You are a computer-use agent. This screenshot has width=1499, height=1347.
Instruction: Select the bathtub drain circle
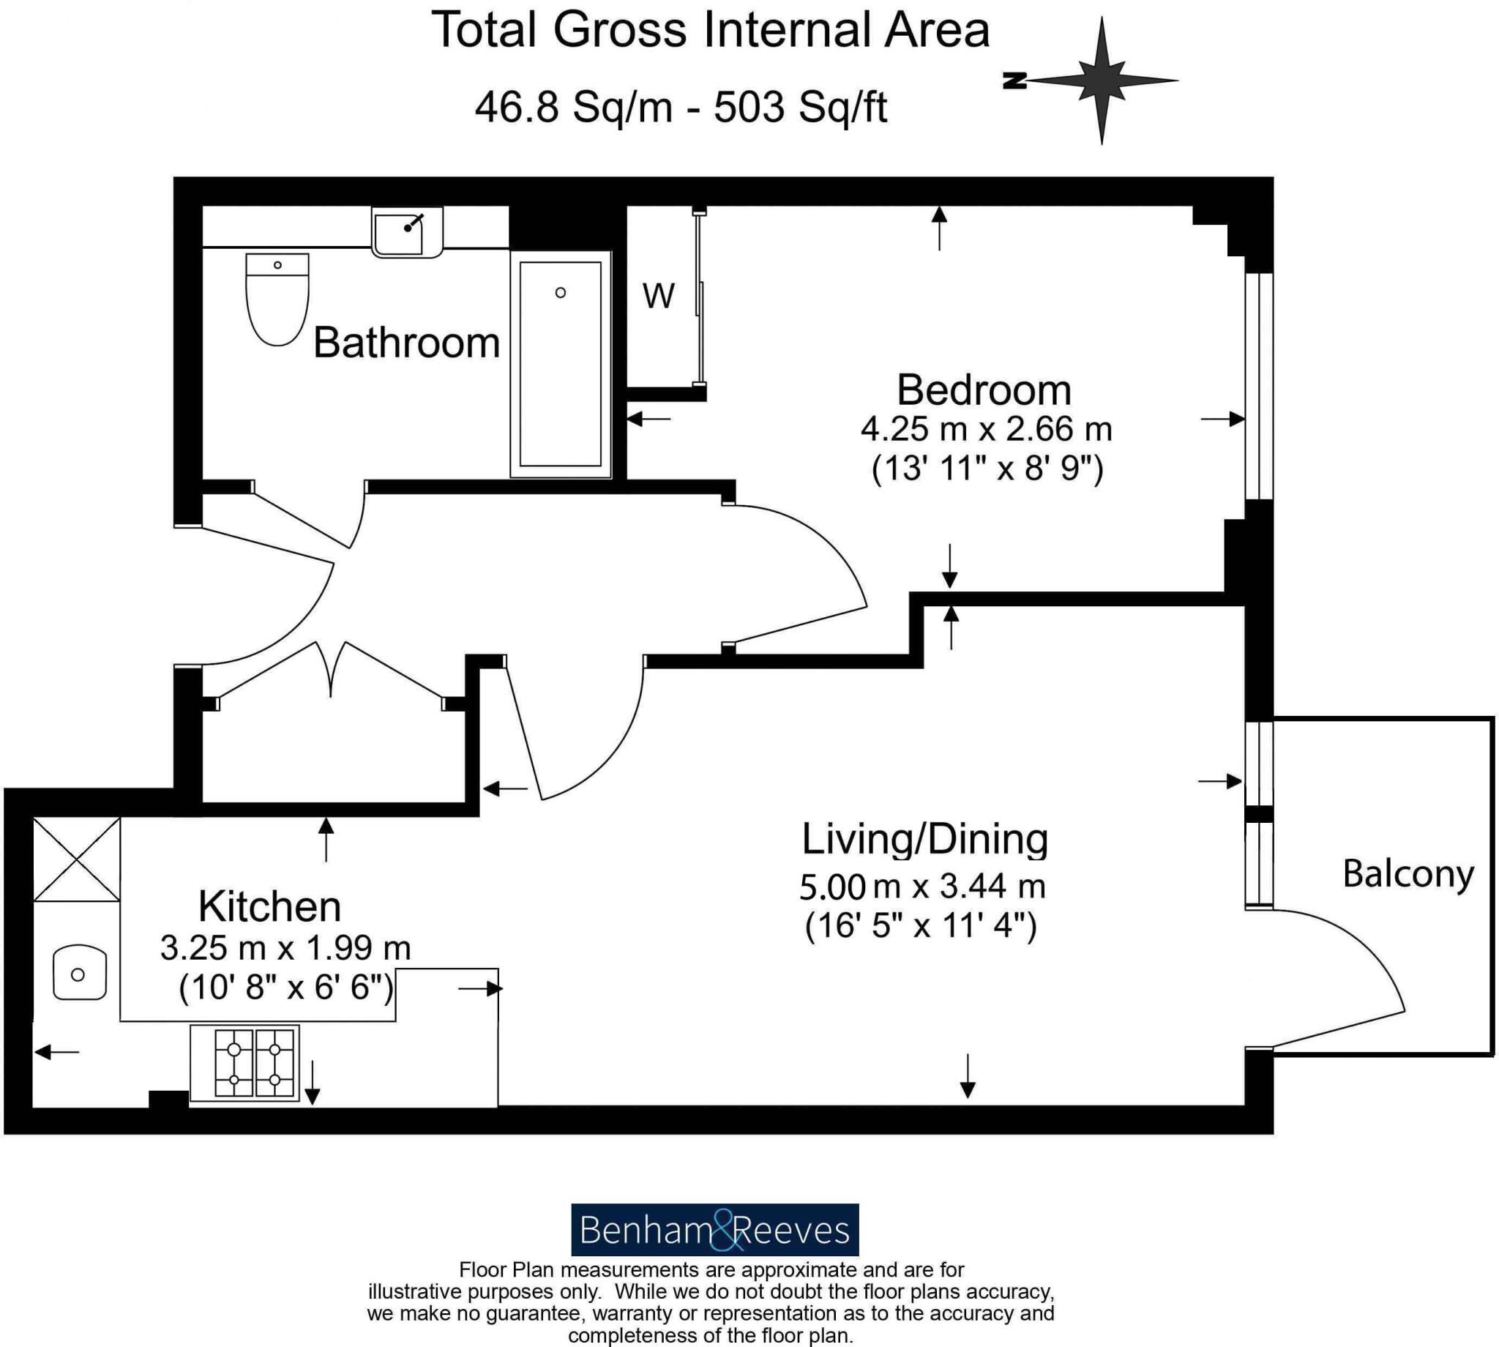click(x=560, y=293)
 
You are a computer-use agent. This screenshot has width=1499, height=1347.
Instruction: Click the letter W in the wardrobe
click(x=658, y=296)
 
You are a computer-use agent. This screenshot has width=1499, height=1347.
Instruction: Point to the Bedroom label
click(x=983, y=390)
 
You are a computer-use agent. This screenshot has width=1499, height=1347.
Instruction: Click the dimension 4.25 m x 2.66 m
click(x=985, y=429)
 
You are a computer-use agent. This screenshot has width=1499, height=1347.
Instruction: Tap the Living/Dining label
click(x=925, y=839)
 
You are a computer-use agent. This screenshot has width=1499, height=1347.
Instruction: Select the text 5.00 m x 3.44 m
click(x=922, y=887)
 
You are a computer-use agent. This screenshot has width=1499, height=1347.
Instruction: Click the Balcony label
click(x=1408, y=874)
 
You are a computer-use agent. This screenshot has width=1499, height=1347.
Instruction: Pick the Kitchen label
click(x=269, y=906)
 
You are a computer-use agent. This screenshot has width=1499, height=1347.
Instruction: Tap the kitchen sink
click(x=79, y=974)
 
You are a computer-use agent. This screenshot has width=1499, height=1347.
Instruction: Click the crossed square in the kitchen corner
click(x=77, y=859)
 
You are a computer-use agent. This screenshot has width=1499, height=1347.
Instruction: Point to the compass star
click(x=1101, y=80)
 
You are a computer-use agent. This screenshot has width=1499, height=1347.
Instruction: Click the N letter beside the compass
click(x=1014, y=81)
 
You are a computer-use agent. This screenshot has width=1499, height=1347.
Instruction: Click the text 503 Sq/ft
click(x=800, y=108)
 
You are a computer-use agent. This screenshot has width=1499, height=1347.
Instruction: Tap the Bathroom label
click(x=406, y=343)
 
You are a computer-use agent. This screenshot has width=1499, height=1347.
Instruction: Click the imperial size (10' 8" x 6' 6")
click(x=285, y=988)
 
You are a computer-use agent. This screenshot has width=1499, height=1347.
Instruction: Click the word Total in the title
click(x=485, y=30)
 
